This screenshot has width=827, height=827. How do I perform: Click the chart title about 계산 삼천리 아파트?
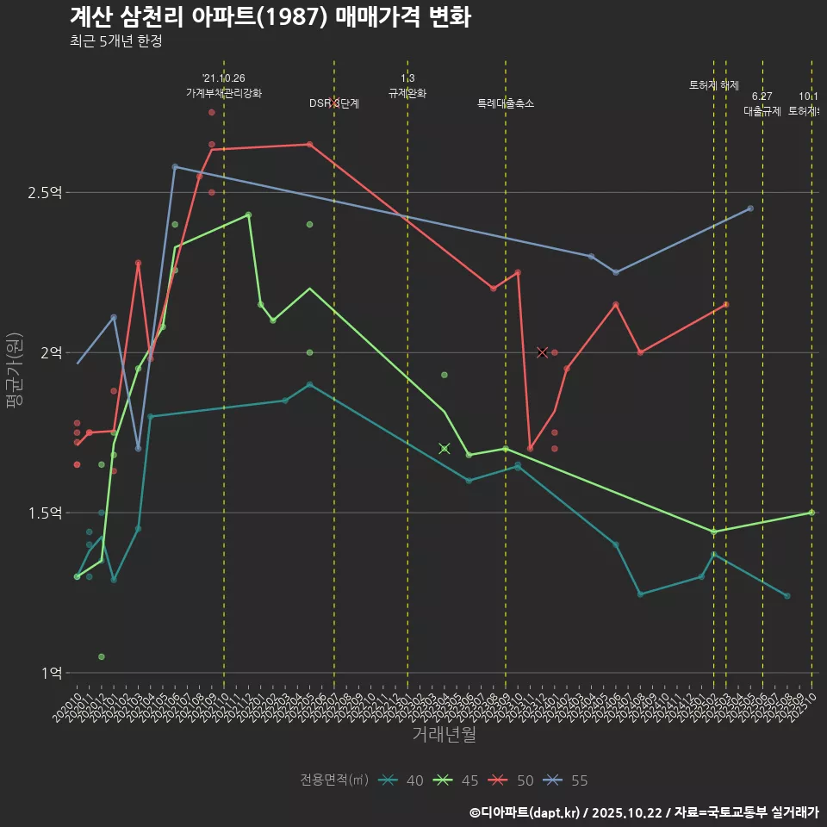click(x=270, y=17)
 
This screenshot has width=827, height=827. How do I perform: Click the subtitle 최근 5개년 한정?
click(x=115, y=41)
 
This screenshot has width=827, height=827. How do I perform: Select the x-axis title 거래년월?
click(x=444, y=735)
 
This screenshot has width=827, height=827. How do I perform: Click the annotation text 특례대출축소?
click(x=506, y=103)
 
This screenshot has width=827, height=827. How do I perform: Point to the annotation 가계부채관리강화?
click(x=224, y=93)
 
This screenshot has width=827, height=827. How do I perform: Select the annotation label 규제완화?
click(x=407, y=93)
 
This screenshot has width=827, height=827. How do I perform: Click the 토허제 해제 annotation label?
click(x=714, y=85)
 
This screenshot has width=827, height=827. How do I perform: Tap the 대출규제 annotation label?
click(x=762, y=111)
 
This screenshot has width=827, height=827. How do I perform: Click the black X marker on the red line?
click(x=543, y=352)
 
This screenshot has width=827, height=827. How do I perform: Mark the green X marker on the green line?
click(x=445, y=448)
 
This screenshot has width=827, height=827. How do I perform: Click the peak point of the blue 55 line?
click(x=175, y=167)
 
